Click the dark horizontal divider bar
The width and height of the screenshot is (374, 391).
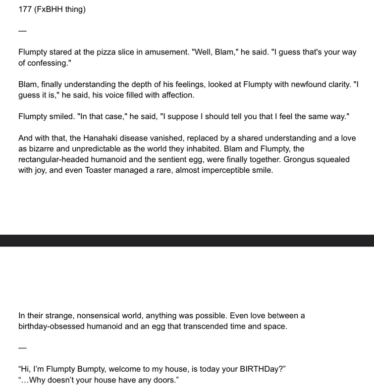tap(187, 240)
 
